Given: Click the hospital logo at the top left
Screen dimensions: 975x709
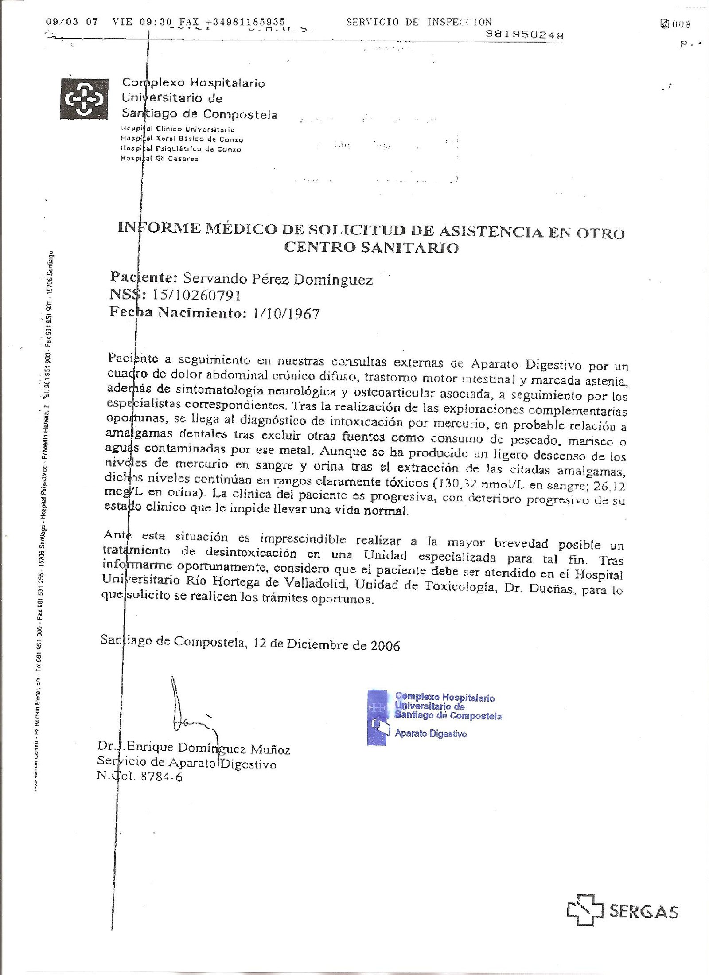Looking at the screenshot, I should [x=84, y=98].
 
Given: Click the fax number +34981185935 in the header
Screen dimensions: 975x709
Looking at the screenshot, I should [x=245, y=22].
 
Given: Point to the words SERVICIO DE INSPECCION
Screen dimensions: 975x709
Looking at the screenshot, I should [x=419, y=22].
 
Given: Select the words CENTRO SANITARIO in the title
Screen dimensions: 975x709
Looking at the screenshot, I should [x=371, y=247].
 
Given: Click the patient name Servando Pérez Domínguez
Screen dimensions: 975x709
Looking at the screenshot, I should [x=278, y=279].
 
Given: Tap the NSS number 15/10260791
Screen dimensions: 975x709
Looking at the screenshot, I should [x=196, y=296].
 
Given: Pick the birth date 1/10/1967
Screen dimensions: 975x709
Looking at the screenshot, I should [x=286, y=314].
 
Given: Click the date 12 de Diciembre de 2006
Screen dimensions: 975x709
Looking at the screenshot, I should [x=327, y=644].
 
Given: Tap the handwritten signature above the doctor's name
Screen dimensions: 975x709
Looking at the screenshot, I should [x=188, y=709].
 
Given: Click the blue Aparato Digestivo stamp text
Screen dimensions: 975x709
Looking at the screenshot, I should [x=430, y=734].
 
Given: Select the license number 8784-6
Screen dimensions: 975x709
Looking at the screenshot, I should [x=161, y=777].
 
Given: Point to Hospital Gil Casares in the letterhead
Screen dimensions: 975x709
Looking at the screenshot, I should [x=160, y=159].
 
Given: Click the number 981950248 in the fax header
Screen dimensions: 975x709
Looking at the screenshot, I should [x=525, y=35].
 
